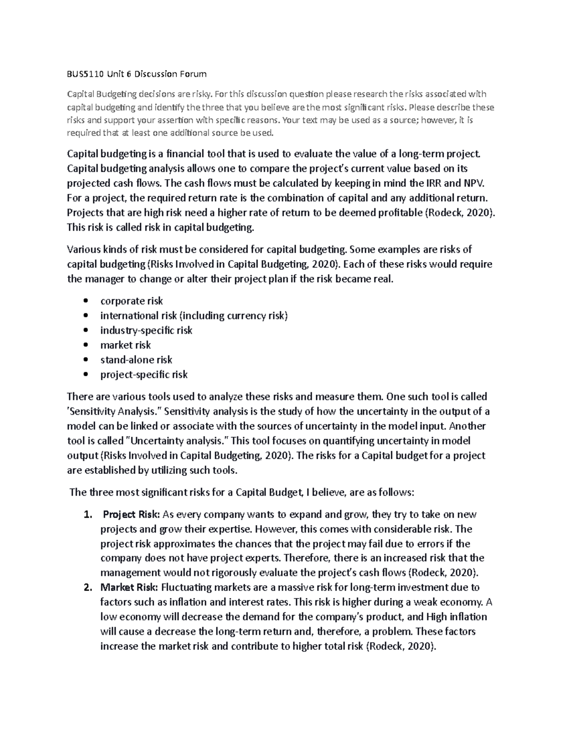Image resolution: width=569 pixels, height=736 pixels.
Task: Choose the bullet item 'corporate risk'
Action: (131, 301)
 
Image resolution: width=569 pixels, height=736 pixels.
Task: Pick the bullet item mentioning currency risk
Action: (193, 316)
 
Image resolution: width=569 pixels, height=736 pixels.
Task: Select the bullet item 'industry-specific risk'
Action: (146, 330)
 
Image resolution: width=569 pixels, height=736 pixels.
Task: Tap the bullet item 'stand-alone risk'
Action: (136, 360)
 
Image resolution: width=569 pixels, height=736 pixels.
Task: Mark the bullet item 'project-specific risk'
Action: (144, 374)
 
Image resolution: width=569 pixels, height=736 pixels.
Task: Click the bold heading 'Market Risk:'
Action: (129, 588)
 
